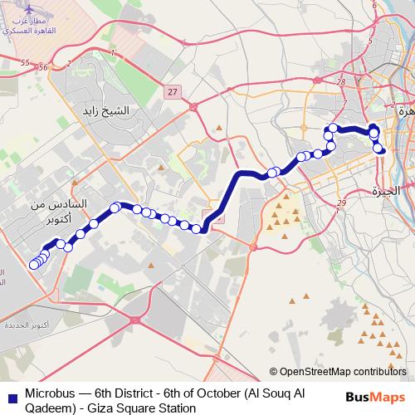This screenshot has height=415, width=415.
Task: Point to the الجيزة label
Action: click(386, 192)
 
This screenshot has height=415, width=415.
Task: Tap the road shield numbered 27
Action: click(172, 92)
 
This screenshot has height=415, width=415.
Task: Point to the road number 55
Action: click(25, 63)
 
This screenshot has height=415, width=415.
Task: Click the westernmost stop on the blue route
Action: click(34, 265)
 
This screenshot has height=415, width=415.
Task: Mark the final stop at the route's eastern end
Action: click(381, 149)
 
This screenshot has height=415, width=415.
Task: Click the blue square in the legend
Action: click(11, 397)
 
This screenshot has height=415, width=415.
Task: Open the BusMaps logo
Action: click(374, 397)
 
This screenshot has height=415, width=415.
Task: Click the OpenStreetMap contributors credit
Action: click(343, 372)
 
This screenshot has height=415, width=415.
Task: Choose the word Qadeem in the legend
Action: click(51, 408)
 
